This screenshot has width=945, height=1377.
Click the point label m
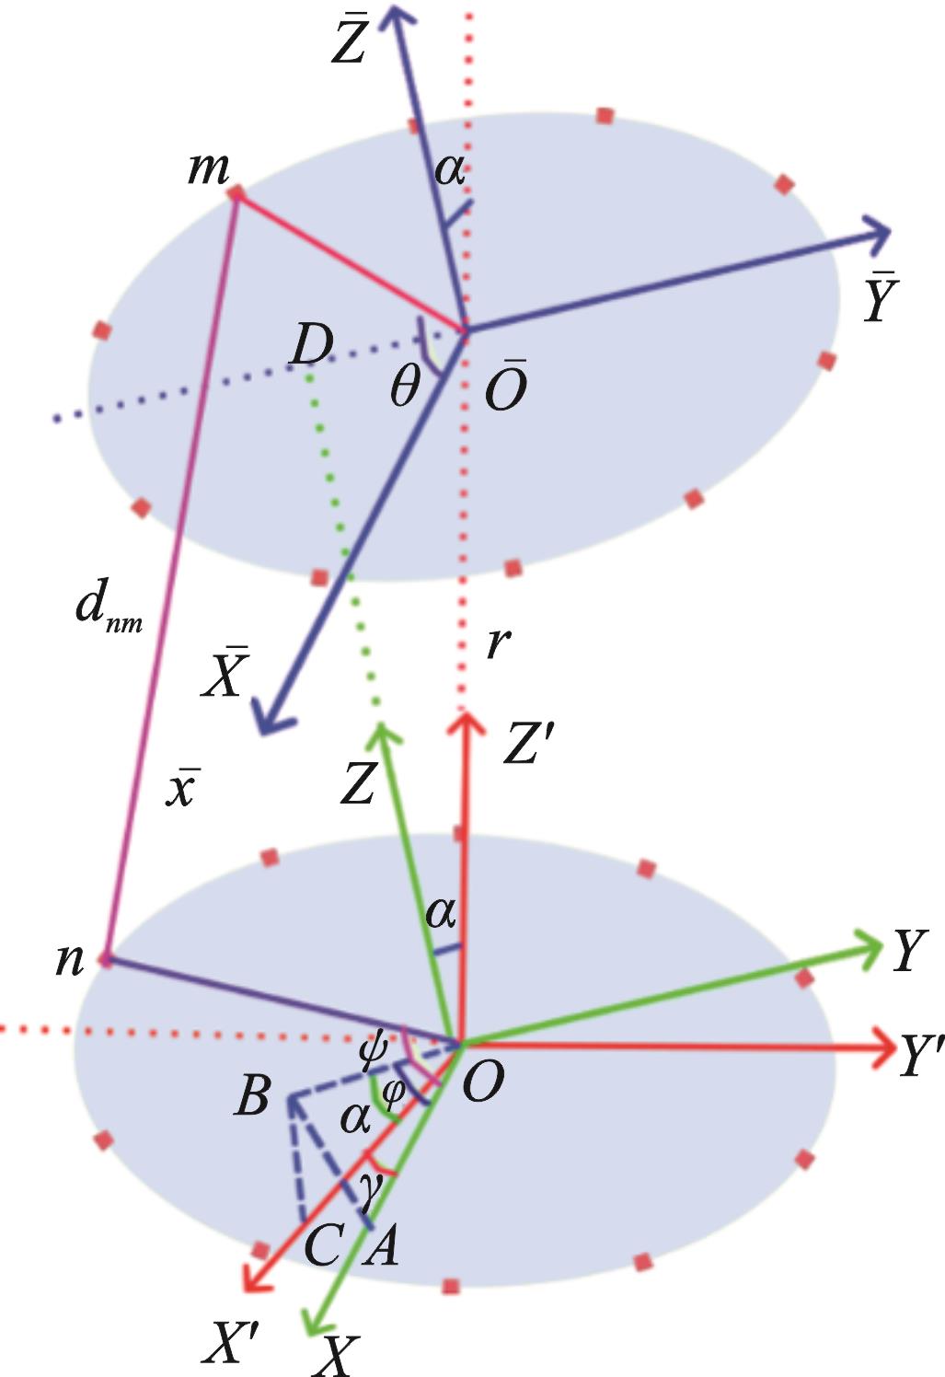click(x=209, y=169)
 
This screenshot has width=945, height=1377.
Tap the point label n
click(x=71, y=960)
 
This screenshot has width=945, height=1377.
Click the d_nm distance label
click(x=108, y=609)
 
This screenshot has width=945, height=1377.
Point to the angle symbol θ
click(x=405, y=389)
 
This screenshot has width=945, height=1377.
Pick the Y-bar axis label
click(x=880, y=299)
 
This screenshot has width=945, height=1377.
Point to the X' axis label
click(x=231, y=1345)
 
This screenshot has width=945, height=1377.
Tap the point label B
click(x=253, y=1096)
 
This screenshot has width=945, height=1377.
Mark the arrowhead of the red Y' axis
click(x=885, y=1046)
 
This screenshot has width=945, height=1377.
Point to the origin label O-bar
click(x=505, y=387)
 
